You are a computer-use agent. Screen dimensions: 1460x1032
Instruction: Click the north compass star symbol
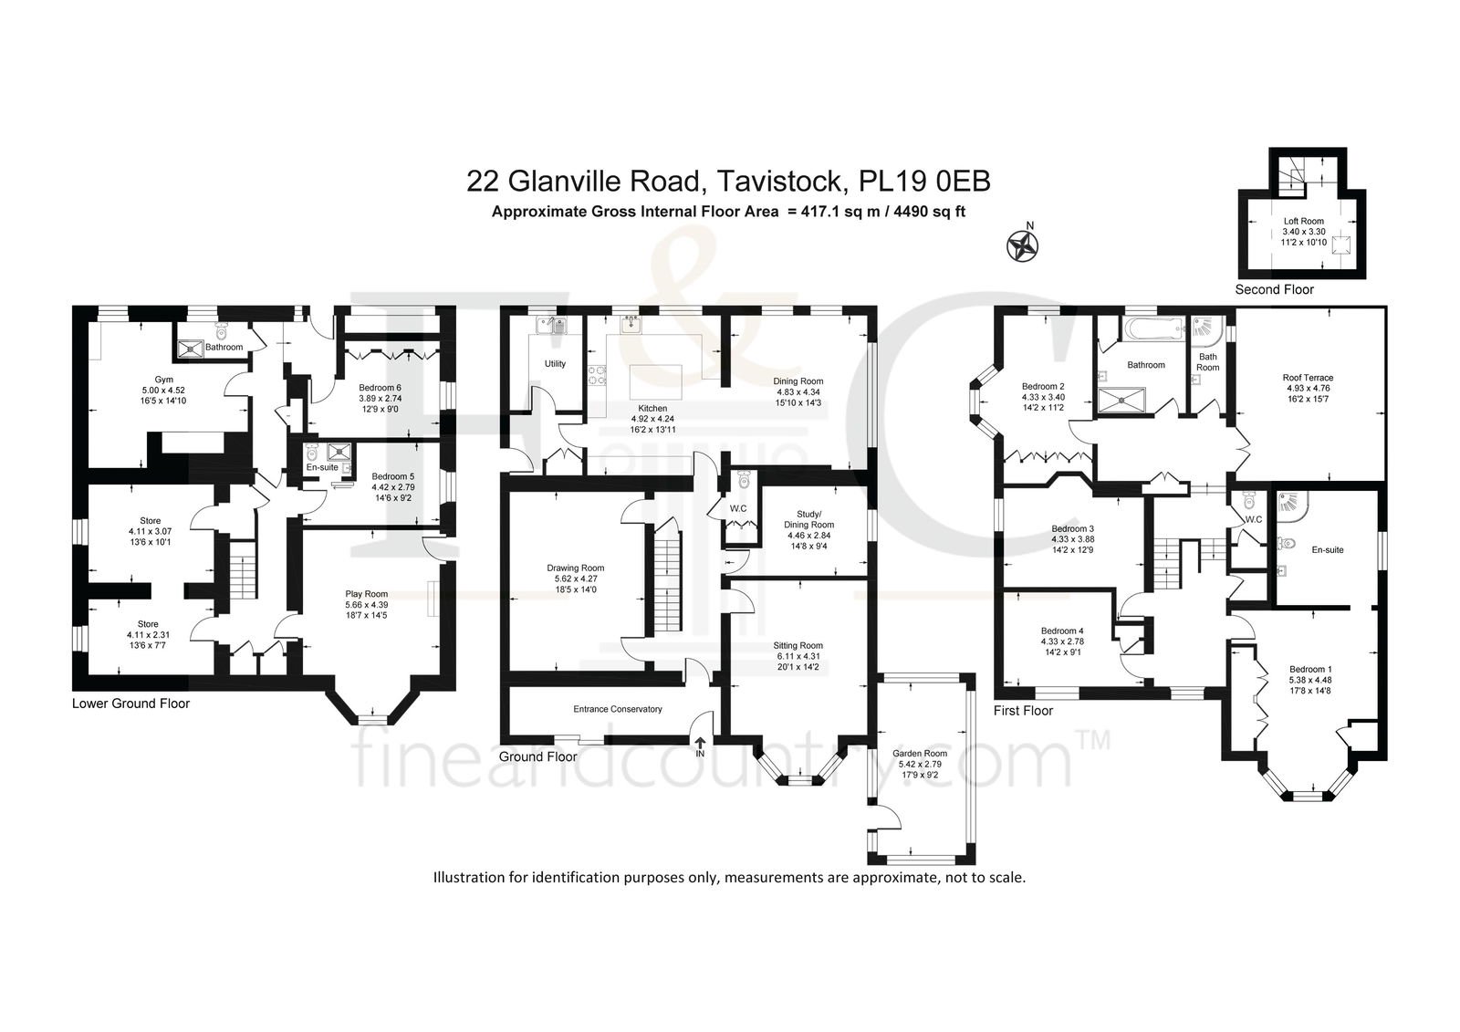[1022, 246]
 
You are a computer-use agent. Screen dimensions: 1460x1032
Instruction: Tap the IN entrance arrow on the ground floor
[700, 743]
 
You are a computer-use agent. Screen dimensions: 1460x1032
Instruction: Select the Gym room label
[163, 380]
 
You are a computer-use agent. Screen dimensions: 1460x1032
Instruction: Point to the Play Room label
[366, 594]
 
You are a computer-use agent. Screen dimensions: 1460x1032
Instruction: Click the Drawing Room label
[576, 568]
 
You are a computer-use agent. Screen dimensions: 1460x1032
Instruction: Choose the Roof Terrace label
[1308, 378]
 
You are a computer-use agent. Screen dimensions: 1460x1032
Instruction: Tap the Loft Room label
[1304, 221]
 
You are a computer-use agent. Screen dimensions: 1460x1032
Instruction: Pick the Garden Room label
[920, 754]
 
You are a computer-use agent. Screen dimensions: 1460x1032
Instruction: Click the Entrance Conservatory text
[617, 709]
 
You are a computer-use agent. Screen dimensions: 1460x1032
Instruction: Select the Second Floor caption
[1274, 289]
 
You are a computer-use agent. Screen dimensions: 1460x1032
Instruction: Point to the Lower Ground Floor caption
[130, 704]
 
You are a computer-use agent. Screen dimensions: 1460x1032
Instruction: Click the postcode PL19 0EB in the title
[925, 182]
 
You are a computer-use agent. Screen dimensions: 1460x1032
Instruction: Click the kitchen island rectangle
[656, 382]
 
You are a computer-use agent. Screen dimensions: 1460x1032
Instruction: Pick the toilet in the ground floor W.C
[745, 481]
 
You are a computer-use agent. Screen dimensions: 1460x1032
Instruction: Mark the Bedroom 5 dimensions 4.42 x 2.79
[393, 487]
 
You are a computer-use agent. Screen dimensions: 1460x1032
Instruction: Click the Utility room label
[555, 364]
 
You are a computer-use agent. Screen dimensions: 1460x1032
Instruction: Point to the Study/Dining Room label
[808, 519]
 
